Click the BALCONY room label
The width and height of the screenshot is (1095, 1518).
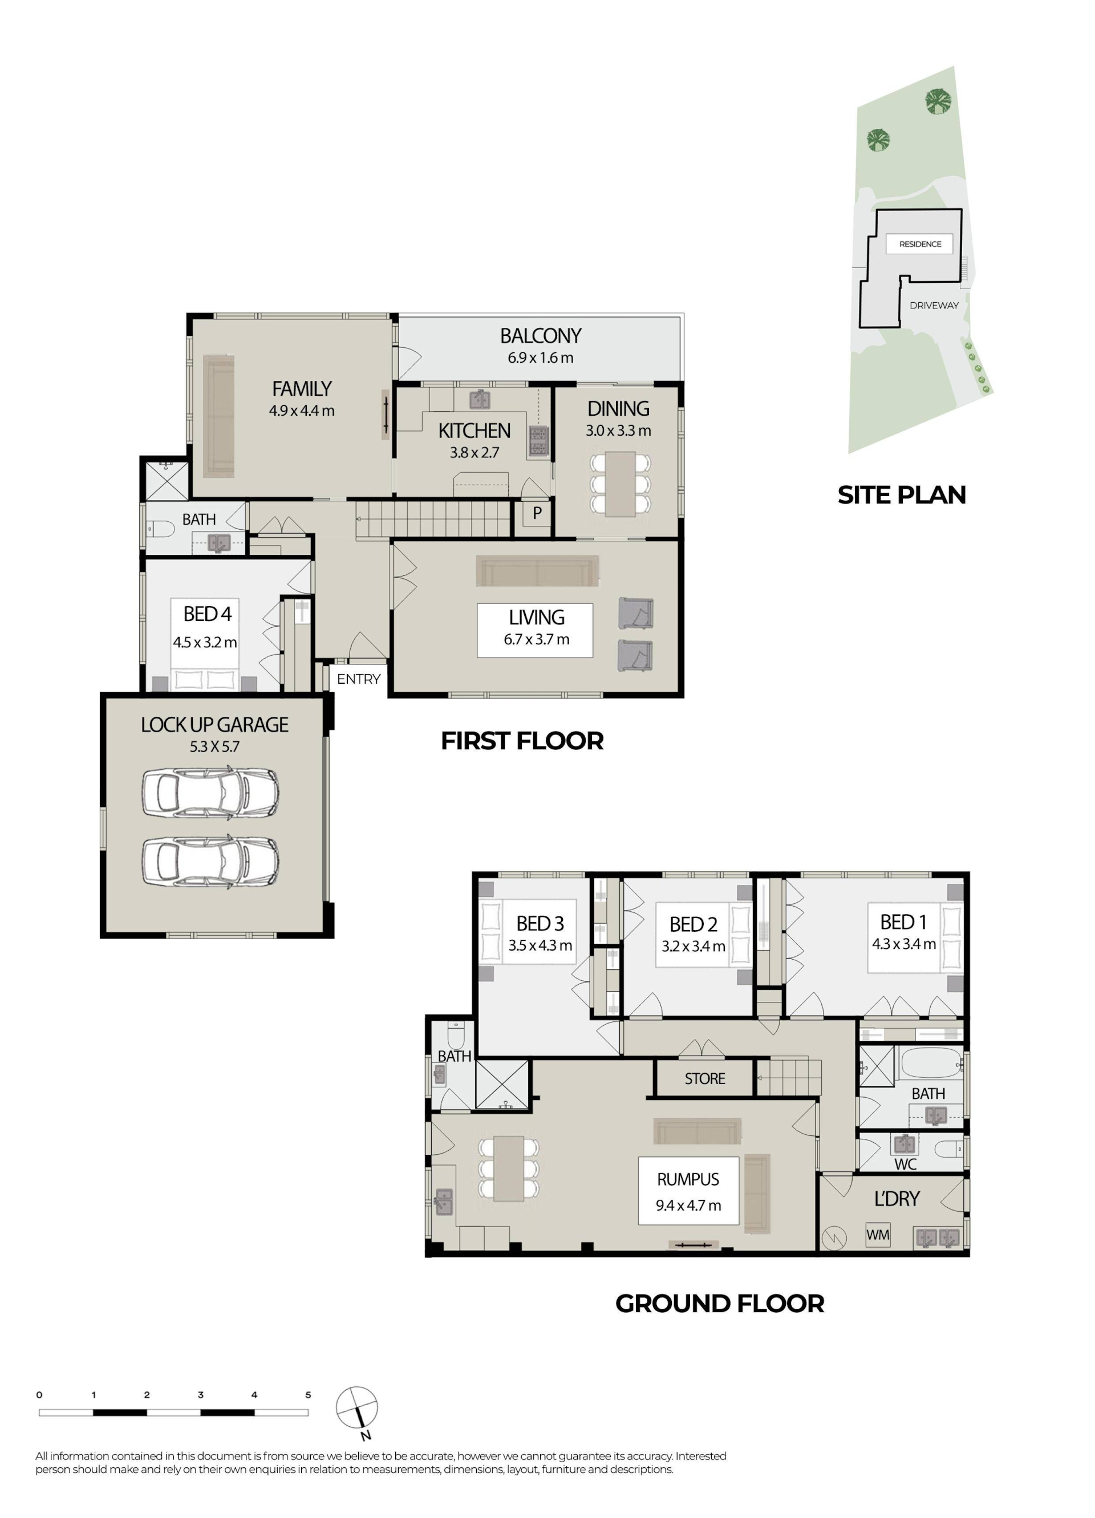coord(540,335)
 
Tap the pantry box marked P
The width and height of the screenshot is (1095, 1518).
coord(536,513)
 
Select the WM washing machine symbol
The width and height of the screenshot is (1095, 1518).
coord(878,1233)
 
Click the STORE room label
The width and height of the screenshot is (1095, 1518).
coord(704,1078)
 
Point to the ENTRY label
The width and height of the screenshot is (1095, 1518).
coord(358,679)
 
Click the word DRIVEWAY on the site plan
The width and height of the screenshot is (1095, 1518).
coord(934,305)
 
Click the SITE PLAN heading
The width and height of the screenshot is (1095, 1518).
coord(902,494)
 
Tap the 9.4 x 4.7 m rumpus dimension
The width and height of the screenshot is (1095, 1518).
coord(688,1206)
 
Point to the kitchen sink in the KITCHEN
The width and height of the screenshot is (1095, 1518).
coord(479,400)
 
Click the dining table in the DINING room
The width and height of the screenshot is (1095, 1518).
coord(620,483)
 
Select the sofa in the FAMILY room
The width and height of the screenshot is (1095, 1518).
coord(219,416)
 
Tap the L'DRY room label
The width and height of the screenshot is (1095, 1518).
coord(897,1198)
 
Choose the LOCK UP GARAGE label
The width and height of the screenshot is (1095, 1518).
coord(214,724)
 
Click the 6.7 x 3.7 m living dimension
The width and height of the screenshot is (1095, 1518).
coord(536,639)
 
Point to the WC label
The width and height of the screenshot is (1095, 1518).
coord(905,1164)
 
